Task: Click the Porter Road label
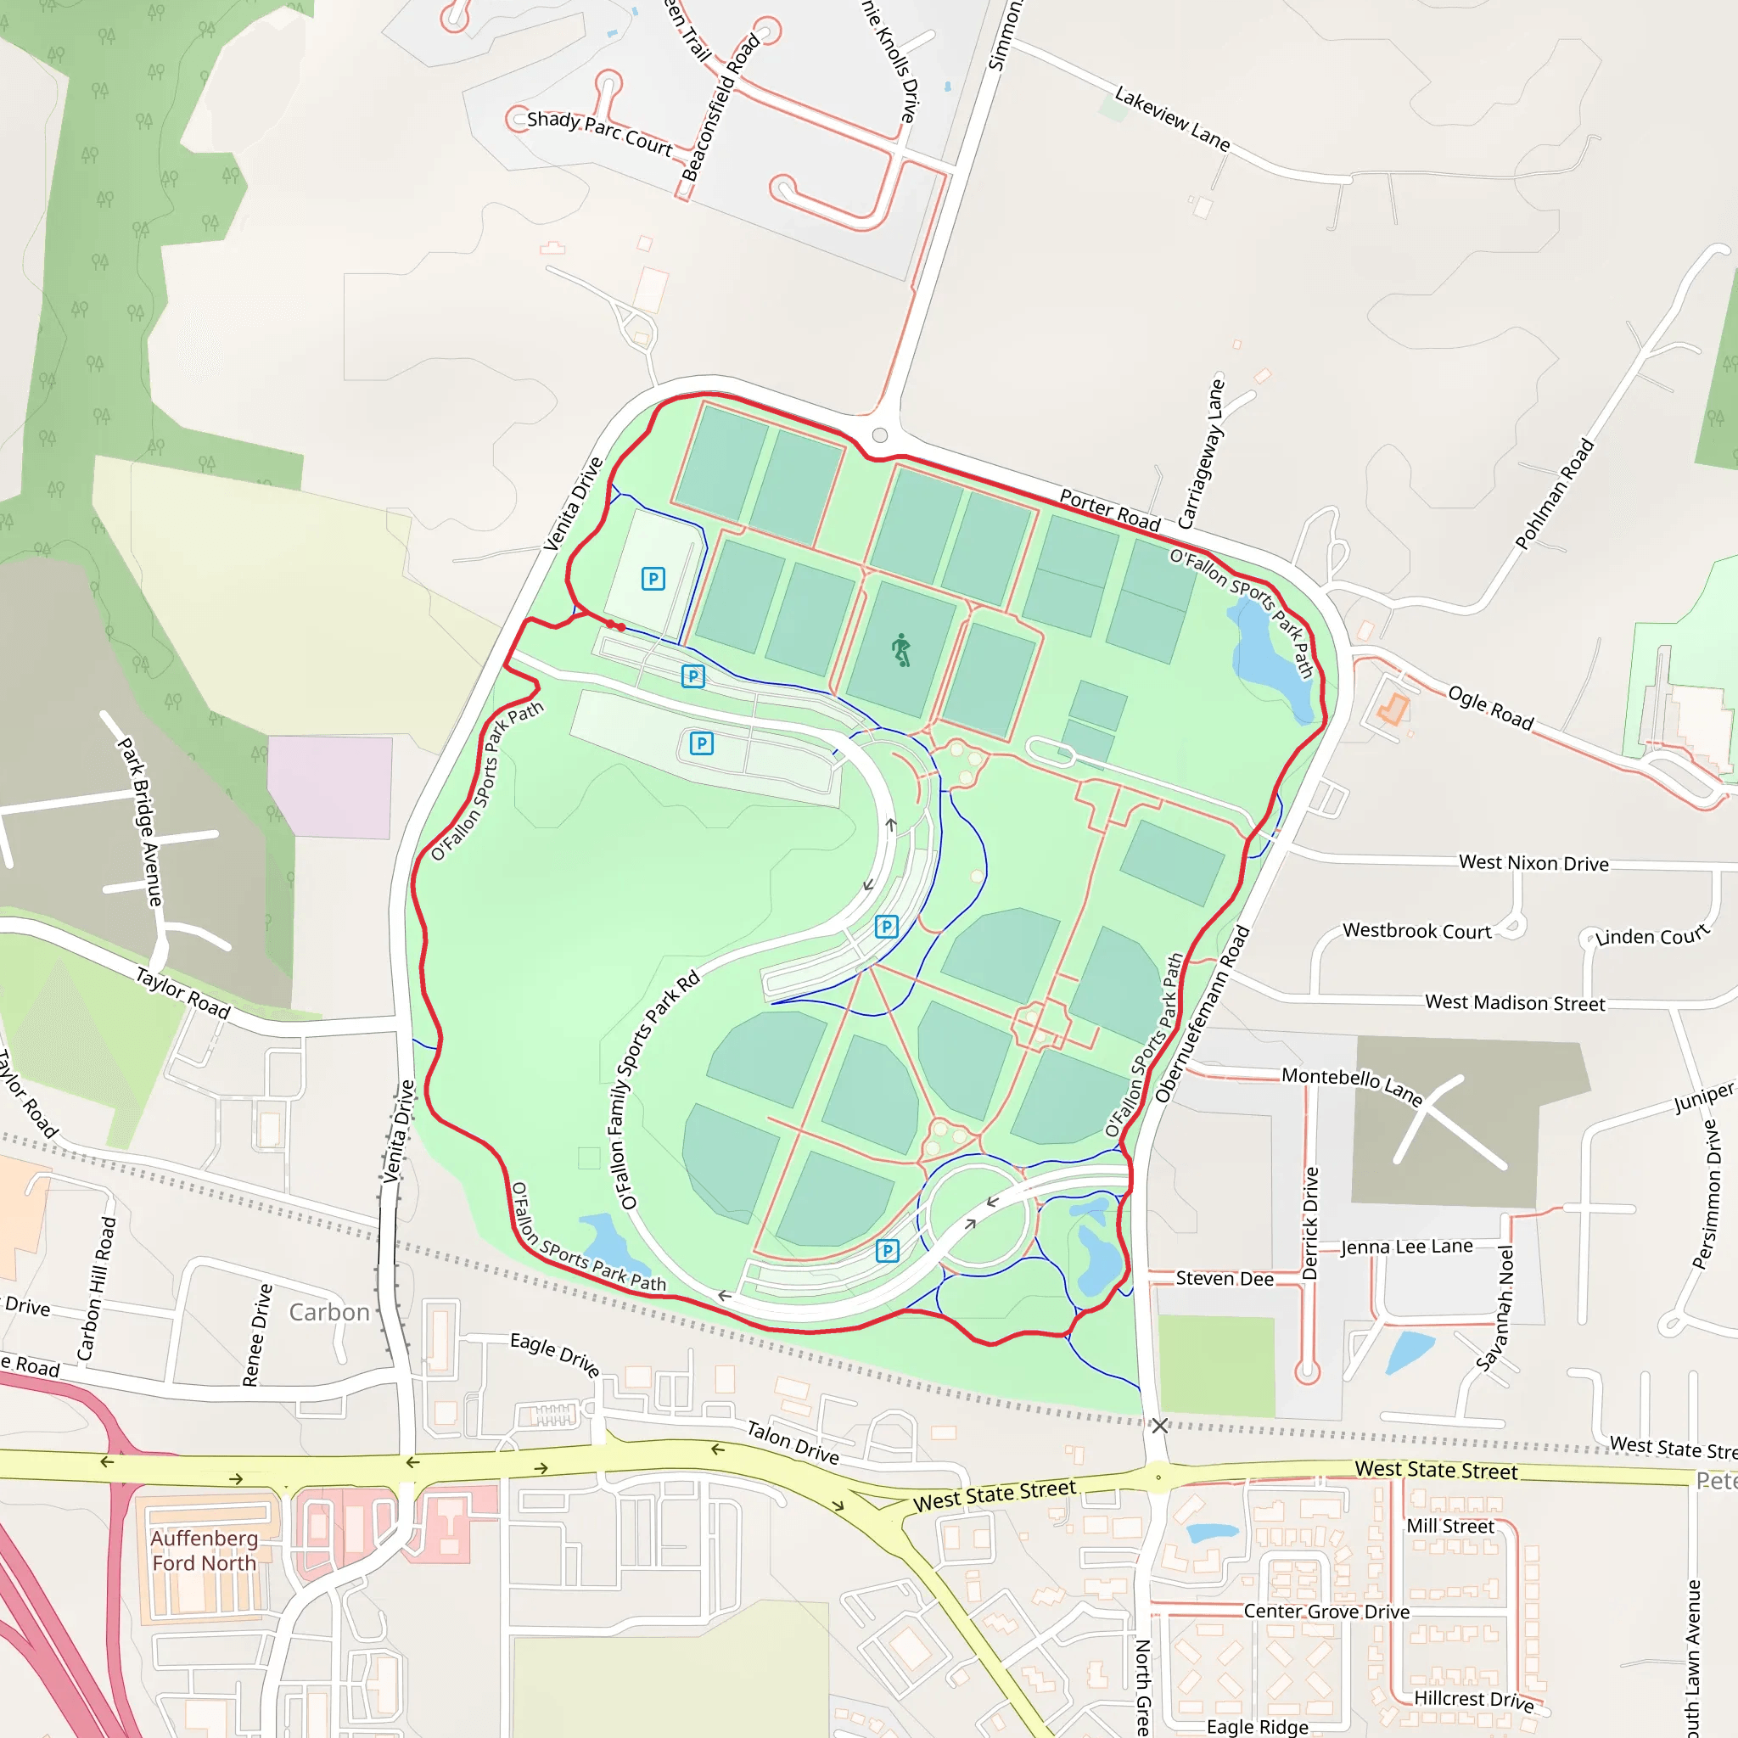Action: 1109,510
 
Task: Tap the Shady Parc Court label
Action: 599,132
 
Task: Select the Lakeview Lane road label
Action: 1171,118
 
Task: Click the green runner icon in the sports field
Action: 901,649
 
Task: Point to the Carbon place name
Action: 329,1312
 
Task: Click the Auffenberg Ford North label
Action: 205,1550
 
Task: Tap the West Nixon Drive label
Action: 1533,863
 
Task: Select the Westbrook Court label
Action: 1417,931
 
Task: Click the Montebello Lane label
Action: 1352,1085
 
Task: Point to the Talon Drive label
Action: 793,1442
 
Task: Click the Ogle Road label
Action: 1489,707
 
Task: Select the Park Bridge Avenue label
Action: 140,821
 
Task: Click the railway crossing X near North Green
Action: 1159,1425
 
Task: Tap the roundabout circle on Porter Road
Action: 880,435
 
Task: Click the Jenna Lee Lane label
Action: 1406,1247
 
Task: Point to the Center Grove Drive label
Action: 1326,1612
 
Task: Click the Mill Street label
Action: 1450,1526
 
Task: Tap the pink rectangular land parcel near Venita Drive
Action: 330,788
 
